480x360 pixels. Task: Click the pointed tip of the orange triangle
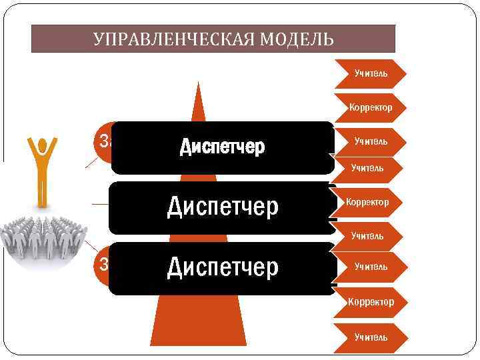[x=197, y=83]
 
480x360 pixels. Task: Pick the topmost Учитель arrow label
[x=371, y=72]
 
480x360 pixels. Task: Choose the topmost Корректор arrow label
[x=371, y=107]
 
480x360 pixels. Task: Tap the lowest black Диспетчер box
[x=222, y=268]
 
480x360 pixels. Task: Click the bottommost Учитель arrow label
[x=371, y=337]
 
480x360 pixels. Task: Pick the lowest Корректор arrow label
[x=371, y=302]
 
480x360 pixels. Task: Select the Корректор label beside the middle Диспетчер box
[x=367, y=201]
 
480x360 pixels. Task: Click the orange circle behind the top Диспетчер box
[x=103, y=141]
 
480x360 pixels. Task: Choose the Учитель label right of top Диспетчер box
[x=371, y=142]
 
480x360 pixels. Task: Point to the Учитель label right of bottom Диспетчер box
[x=371, y=267]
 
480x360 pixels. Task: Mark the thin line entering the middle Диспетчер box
[x=101, y=203]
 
